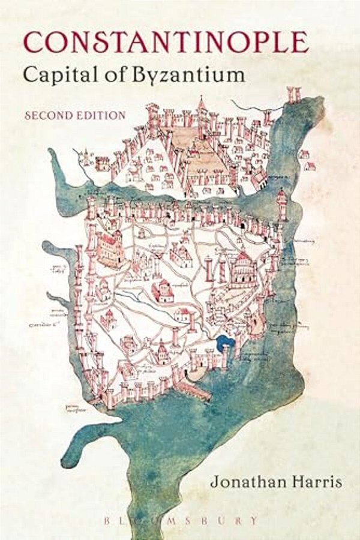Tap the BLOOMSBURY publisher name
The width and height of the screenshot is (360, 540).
(180, 520)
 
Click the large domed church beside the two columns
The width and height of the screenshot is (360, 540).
(242, 268)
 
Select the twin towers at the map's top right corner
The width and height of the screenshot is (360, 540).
(293, 94)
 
